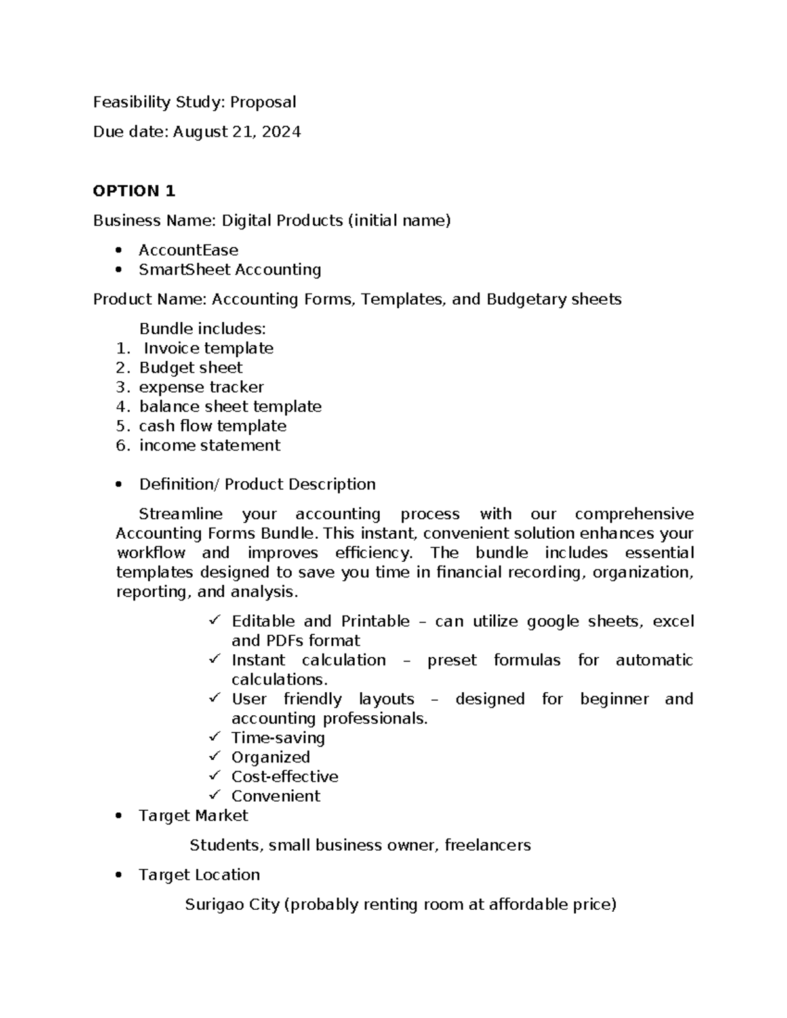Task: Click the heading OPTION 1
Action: (x=134, y=191)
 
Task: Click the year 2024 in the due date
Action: (x=281, y=132)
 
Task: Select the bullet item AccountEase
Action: (x=188, y=250)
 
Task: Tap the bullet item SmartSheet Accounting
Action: (x=230, y=269)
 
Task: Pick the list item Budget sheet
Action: (x=190, y=368)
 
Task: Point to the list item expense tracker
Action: (x=201, y=387)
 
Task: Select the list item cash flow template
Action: (x=212, y=426)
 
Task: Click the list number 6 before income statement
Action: (x=122, y=446)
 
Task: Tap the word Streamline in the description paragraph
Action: (x=180, y=514)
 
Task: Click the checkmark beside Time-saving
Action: (x=214, y=737)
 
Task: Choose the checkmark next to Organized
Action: (x=214, y=756)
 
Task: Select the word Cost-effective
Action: (x=285, y=777)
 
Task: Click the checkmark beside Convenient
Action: (x=214, y=794)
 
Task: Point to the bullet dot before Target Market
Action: (x=118, y=816)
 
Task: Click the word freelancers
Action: (x=487, y=846)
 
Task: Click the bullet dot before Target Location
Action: (x=118, y=875)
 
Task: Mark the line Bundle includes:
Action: (x=202, y=328)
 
